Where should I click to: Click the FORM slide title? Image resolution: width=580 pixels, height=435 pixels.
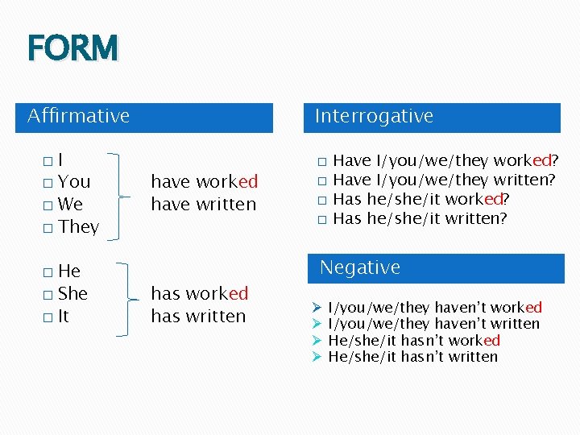(72, 48)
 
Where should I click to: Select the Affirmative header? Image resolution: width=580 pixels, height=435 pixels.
(78, 116)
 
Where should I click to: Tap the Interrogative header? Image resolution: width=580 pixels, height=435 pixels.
(374, 116)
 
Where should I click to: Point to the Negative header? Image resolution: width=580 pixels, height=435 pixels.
(360, 267)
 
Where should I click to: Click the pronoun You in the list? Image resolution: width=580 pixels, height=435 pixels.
(74, 181)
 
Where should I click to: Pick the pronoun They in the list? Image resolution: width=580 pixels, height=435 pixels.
(78, 226)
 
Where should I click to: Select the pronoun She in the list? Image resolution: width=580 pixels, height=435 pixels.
(72, 293)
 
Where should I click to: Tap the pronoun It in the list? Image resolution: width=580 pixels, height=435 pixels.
(64, 316)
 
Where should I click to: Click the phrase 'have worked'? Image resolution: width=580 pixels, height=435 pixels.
(204, 181)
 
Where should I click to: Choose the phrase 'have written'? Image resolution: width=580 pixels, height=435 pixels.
(203, 205)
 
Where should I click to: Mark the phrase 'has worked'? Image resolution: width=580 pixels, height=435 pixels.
(199, 293)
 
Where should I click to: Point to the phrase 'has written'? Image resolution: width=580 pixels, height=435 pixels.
(198, 316)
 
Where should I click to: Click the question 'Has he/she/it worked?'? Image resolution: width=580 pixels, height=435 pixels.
(424, 199)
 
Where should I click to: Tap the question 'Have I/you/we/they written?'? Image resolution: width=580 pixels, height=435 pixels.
(444, 180)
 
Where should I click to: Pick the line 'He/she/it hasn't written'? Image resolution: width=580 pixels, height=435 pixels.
(412, 357)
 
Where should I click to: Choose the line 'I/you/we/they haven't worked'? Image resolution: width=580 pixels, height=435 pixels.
(435, 307)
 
